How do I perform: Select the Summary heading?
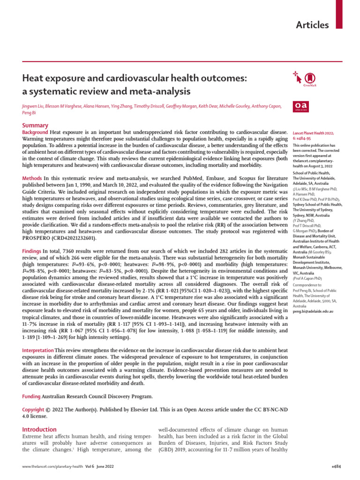pyautogui.click(x=36, y=126)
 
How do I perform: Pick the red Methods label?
pyautogui.click(x=32, y=179)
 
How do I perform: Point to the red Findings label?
pyautogui.click(x=33, y=252)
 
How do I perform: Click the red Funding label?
pyautogui.click(x=31, y=397)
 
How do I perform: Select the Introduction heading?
pyautogui.click(x=40, y=429)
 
